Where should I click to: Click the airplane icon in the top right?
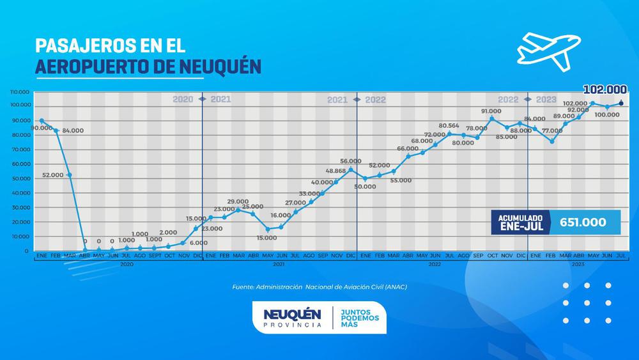tap(548, 49)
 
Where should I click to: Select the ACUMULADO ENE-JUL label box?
tap(520, 223)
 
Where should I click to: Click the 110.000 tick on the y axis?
tap(22, 91)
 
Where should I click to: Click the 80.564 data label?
tap(450, 126)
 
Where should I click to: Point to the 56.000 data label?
tap(350, 161)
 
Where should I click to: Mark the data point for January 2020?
tap(42, 121)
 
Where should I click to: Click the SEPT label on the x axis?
tap(154, 255)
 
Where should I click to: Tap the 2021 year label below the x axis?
tap(279, 263)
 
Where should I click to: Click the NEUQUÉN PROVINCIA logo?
tap(292, 318)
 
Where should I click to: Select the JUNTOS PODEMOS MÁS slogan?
tap(361, 318)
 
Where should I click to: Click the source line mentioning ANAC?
tap(319, 287)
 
